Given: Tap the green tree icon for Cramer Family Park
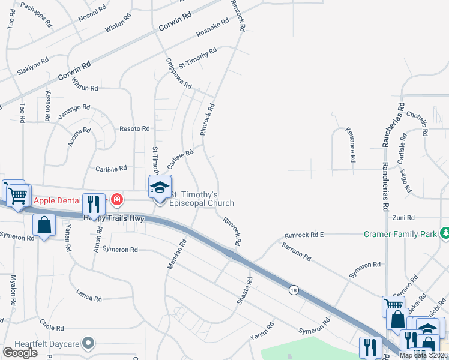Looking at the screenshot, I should point(444,233).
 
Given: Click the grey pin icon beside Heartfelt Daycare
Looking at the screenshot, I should point(89,343).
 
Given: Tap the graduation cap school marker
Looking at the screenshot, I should point(160,188).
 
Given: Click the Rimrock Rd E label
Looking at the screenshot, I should point(304,235).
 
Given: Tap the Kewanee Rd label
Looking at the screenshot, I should point(351,144).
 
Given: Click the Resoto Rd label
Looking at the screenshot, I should point(134,128).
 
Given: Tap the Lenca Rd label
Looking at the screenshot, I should point(89,294).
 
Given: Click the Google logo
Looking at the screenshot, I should point(20,353).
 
